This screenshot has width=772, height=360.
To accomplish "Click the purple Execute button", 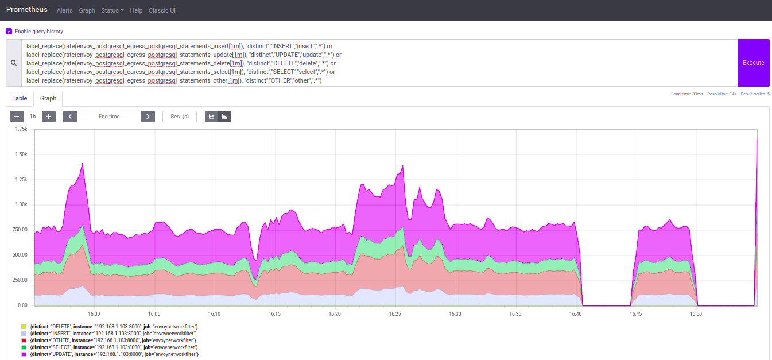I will tap(753, 63).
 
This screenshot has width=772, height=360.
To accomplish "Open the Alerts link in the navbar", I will tap(65, 10).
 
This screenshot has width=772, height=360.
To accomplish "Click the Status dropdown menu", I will tap(112, 10).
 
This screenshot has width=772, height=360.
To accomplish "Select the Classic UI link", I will tap(162, 10).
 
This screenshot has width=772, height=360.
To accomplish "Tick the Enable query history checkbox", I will tap(9, 32).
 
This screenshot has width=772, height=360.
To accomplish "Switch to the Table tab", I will tap(20, 98).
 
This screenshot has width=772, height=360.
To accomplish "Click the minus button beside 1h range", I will tap(17, 117).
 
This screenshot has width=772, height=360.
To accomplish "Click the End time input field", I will tap(109, 117).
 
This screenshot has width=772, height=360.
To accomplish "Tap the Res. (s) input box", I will tap(180, 117).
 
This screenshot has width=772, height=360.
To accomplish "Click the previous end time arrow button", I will tap(70, 117).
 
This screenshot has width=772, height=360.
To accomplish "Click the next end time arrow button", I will tap(148, 117).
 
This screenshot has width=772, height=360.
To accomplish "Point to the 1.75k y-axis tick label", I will tap(20, 129).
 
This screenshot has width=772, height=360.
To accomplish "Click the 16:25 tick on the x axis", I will tap(395, 314).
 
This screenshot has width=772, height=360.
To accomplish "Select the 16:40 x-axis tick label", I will tap(576, 314).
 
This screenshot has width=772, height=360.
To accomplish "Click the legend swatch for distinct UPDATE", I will tap(24, 354).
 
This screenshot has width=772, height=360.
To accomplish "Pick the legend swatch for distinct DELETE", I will tap(24, 327).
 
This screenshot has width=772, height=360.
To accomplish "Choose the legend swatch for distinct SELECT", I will tap(24, 347).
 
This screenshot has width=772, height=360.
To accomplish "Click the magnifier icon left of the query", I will tap(14, 63).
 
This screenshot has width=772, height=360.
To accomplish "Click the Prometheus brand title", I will tap(26, 10).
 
